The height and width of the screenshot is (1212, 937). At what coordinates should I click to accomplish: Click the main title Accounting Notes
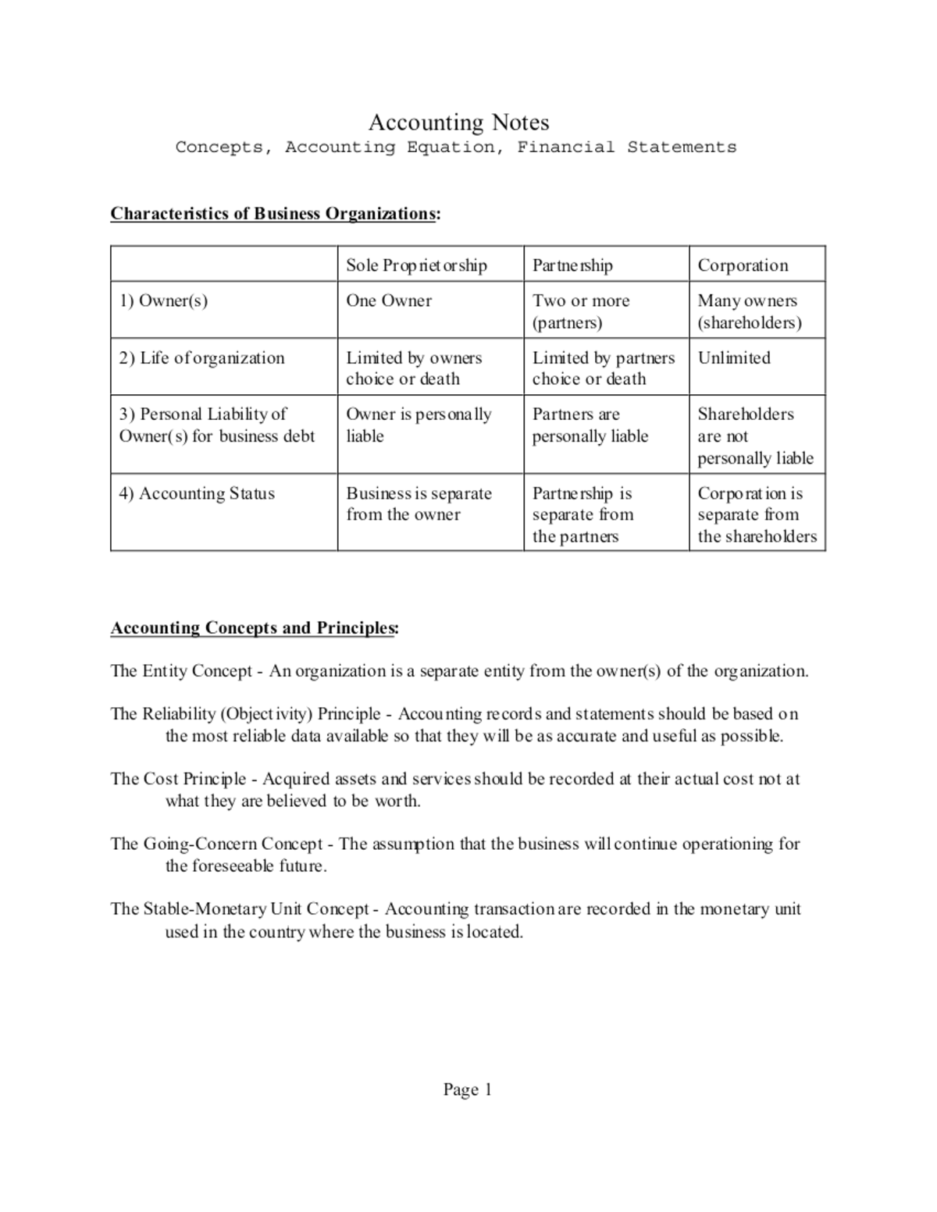[x=458, y=123]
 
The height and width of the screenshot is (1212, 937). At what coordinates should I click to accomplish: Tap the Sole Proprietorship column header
[x=416, y=265]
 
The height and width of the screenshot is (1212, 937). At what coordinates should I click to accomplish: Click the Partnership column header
[x=572, y=265]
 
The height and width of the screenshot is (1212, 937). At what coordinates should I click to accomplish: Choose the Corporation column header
[x=743, y=265]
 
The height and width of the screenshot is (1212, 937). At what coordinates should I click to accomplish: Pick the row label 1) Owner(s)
[x=163, y=301]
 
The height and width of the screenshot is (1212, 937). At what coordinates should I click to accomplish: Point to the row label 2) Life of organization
[x=201, y=358]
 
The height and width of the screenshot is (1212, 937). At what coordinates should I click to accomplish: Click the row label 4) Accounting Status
[x=197, y=494]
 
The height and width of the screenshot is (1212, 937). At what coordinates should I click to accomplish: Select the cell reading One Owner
[x=389, y=301]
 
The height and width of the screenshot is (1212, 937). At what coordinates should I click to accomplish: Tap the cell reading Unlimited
[x=733, y=358]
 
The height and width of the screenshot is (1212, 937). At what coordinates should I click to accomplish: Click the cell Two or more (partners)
[x=580, y=311]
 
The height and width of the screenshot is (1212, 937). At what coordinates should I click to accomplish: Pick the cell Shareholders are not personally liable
[x=754, y=436]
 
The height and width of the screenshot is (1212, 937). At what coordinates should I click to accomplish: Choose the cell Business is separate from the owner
[x=419, y=504]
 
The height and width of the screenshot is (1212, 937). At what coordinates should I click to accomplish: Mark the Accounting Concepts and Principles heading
[x=254, y=628]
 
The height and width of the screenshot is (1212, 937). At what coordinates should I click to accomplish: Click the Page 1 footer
[x=467, y=1090]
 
